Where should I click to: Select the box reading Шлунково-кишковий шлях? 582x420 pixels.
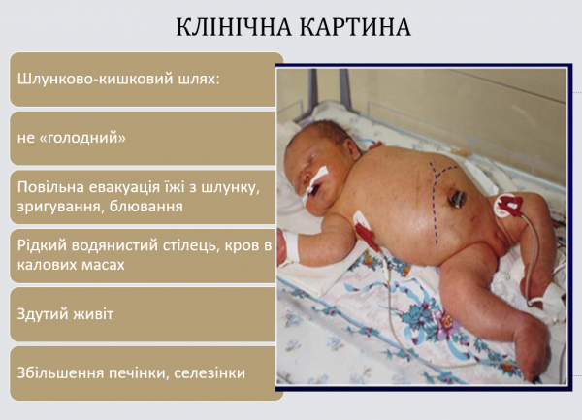coord(145,79)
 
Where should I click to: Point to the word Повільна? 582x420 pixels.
coord(50,188)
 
